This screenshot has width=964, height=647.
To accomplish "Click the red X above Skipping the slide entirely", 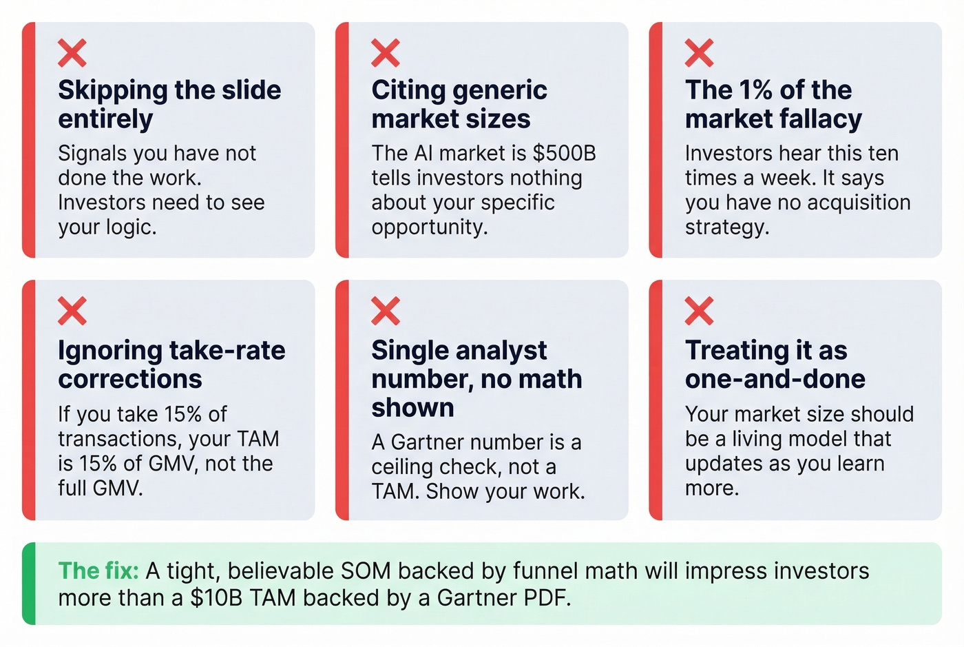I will click(72, 53).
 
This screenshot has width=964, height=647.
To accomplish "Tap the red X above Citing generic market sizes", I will click(385, 53).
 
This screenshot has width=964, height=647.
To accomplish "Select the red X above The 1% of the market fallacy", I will click(699, 53).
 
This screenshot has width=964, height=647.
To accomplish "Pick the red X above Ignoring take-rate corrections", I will click(72, 311).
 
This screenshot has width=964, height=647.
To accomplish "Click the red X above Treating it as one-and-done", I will click(699, 311).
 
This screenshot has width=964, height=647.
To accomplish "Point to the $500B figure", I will click(564, 153).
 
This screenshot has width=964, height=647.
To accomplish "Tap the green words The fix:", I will click(98, 571).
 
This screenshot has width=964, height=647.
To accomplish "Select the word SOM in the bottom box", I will click(366, 571).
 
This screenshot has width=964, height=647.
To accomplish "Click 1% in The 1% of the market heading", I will click(755, 90).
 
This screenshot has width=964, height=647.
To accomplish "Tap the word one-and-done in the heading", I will click(775, 379).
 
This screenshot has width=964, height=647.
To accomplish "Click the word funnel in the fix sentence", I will click(549, 571).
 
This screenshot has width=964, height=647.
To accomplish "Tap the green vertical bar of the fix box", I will click(28, 584).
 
